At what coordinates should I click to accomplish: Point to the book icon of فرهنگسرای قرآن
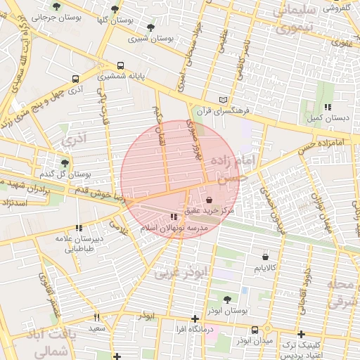tap(224, 101)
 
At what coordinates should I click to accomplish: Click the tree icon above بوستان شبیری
tap(150, 28)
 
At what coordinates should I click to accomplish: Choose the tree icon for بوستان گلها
tap(115, 9)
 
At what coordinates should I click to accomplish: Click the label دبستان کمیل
tap(326, 117)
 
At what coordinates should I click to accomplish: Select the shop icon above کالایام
tap(264, 257)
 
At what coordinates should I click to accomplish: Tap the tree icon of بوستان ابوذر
tap(226, 300)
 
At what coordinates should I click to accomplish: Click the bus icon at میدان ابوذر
tap(255, 330)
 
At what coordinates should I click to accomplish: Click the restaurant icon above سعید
tap(97, 317)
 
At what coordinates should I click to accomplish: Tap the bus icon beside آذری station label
tap(75, 79)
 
